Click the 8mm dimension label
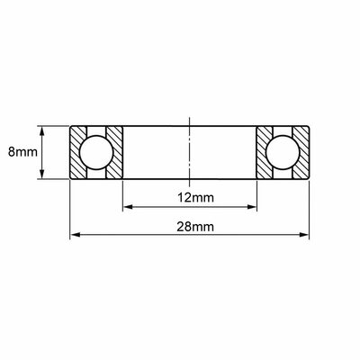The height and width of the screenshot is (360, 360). pyautogui.click(x=22, y=152)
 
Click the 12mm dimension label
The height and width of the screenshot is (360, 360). pyautogui.click(x=195, y=198)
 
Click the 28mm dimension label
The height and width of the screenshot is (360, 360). pyautogui.click(x=195, y=227)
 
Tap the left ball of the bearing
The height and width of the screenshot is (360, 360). pyautogui.click(x=96, y=152)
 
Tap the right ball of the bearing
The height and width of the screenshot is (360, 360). pyautogui.click(x=283, y=152)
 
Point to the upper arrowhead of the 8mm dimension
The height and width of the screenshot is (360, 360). pyautogui.click(x=42, y=130)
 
